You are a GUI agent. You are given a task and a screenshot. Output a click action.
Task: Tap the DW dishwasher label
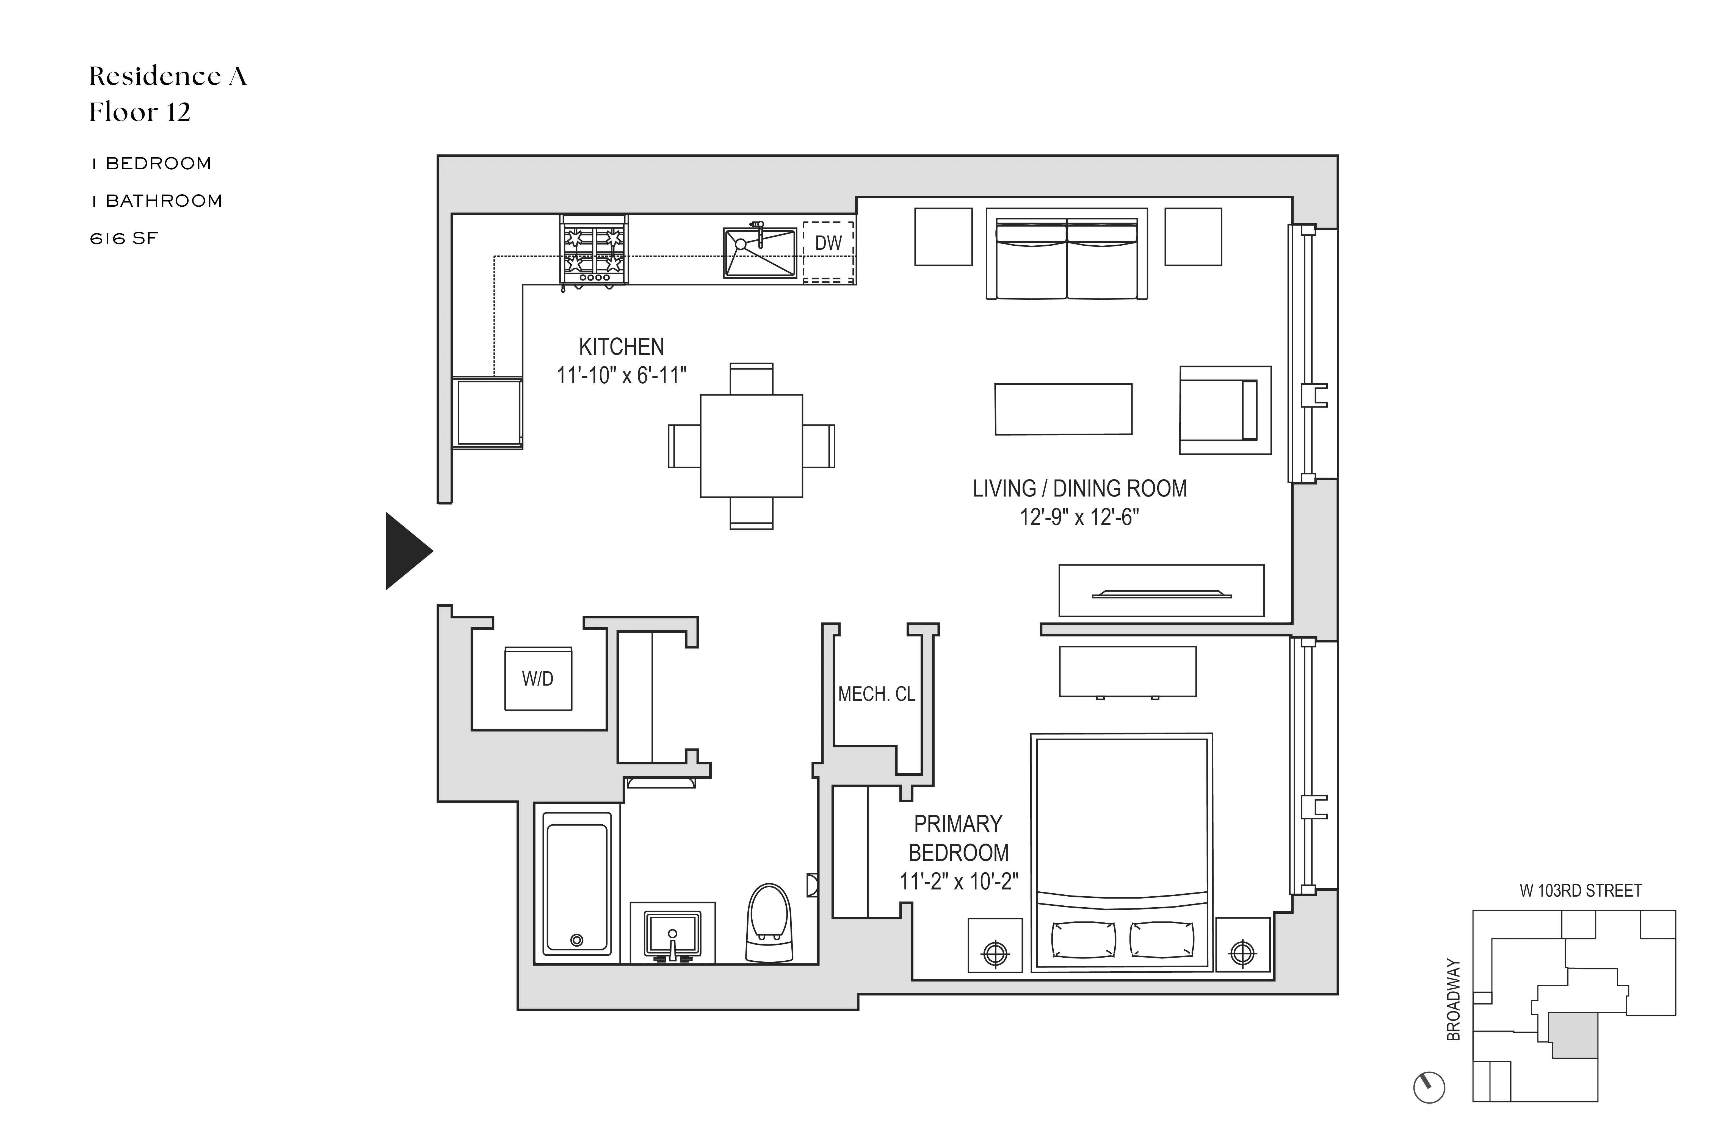pyautogui.click(x=828, y=243)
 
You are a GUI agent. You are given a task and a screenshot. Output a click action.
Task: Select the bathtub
pyautogui.click(x=577, y=887)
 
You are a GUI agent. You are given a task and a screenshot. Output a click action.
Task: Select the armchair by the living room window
pyautogui.click(x=1225, y=410)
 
